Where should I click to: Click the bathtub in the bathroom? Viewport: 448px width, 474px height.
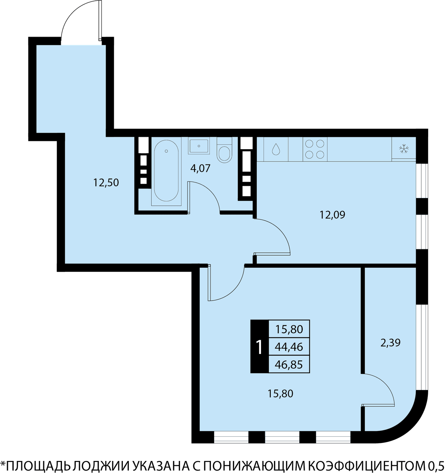(x=166, y=170)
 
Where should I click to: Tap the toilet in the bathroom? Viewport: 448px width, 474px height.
(x=224, y=150)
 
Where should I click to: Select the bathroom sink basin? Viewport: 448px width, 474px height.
(x=199, y=146)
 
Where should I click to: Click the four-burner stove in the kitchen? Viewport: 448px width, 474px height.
(x=315, y=149)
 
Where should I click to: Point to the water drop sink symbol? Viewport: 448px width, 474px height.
(x=276, y=149)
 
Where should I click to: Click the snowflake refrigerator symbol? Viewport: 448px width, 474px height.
(x=404, y=149)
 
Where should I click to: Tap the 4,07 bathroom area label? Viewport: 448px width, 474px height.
(x=200, y=168)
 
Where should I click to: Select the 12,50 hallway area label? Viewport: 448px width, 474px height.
(x=106, y=182)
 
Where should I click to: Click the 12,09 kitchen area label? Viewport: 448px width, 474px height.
(x=332, y=215)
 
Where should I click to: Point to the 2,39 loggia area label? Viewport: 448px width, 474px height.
(x=391, y=342)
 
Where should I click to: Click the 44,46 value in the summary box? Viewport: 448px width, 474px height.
(x=289, y=347)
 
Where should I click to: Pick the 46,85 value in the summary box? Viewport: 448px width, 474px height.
(x=289, y=365)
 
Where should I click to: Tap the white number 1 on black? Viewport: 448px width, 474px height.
(x=259, y=347)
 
